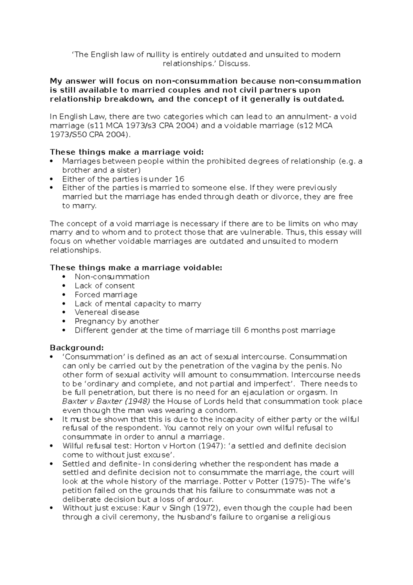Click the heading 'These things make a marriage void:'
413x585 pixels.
[127, 152]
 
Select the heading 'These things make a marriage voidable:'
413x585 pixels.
[136, 268]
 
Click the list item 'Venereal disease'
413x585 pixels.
[107, 312]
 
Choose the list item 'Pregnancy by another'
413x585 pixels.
[117, 321]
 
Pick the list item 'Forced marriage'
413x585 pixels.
[106, 295]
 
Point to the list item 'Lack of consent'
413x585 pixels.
[105, 286]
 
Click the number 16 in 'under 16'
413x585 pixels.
[180, 179]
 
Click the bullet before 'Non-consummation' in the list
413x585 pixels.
[64, 277]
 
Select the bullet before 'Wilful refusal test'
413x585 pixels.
[52, 446]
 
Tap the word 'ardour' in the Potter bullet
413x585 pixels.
[201, 499]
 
